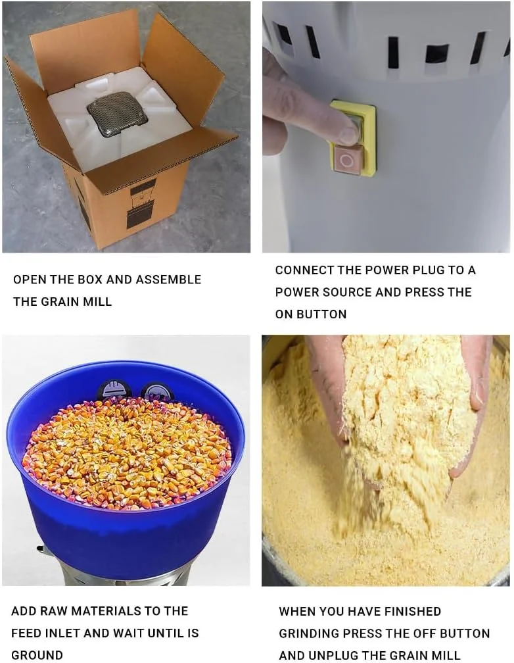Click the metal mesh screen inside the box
(117, 114)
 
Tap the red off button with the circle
(347, 159)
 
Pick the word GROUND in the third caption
(37, 655)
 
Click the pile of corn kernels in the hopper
(127, 453)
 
